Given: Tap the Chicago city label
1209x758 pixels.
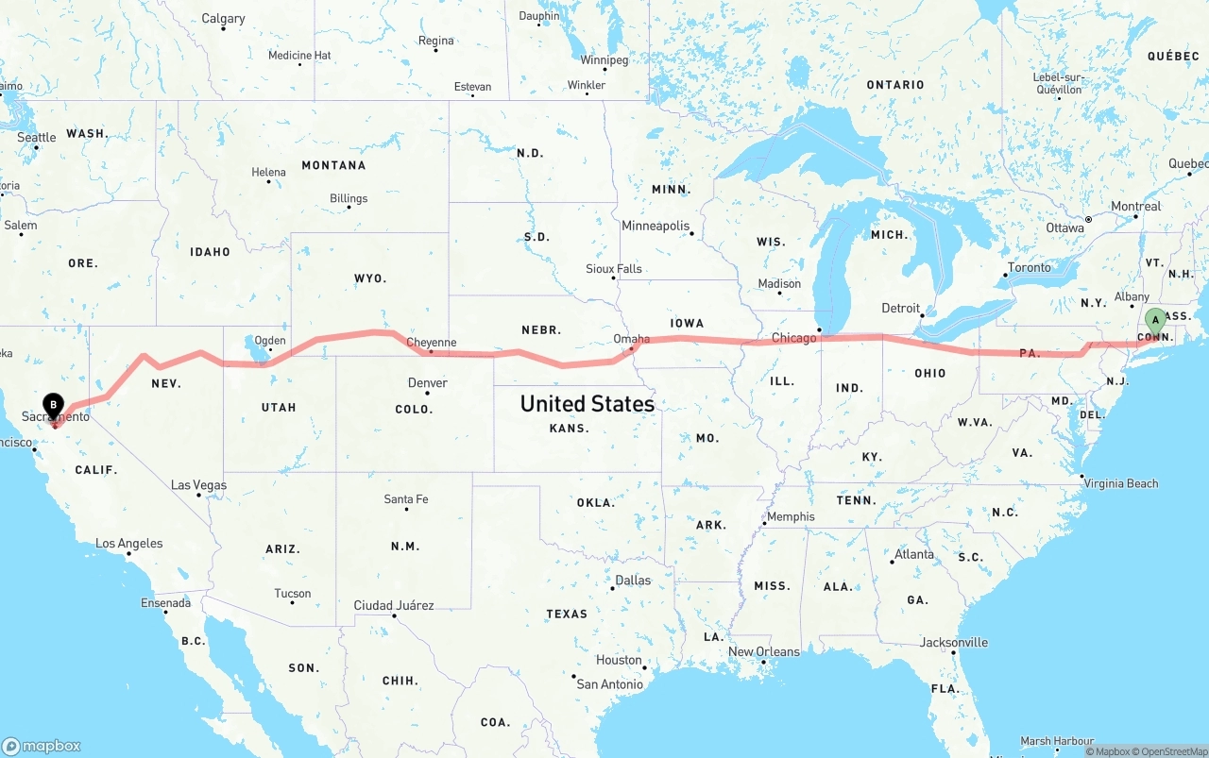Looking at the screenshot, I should pos(793,338).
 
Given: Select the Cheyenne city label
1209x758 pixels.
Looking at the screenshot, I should pos(431,343).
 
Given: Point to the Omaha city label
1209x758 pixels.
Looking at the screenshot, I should pos(631,339).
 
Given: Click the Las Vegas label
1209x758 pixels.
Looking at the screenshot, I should pos(198,485).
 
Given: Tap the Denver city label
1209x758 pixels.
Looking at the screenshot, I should pos(427,382).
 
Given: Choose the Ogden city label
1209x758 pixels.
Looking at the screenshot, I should pos(270,341).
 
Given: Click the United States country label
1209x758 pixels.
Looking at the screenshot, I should pos(587,404).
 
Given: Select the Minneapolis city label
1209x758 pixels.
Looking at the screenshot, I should pos(656,226).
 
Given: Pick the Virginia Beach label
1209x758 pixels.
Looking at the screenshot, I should pos(1121,483).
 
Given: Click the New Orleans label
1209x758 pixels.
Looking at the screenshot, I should pos(763,651).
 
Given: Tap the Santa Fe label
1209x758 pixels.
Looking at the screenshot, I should pos(405,499).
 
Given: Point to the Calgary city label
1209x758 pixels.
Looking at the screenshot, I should pos(223,19).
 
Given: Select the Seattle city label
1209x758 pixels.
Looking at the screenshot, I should pos(37,138).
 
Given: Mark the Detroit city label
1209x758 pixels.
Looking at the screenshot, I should pos(900,308).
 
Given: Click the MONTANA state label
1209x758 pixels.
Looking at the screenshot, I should pos(333,165).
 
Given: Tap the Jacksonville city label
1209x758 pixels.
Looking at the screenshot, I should pos(954,643).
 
